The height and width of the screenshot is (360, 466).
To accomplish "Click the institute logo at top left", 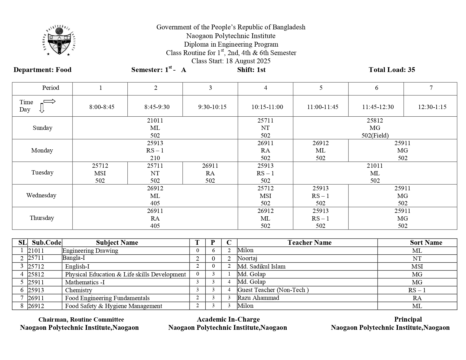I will (x=60, y=41).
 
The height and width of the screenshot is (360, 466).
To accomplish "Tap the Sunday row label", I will (x=42, y=128).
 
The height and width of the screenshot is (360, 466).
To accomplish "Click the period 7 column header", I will (x=431, y=88).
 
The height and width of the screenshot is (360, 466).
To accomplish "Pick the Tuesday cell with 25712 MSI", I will (x=100, y=173).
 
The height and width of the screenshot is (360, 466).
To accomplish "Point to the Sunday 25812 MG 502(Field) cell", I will (x=375, y=128).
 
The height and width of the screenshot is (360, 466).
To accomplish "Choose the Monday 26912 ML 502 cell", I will (x=321, y=150).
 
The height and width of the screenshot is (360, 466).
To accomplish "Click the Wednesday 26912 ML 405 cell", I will (x=155, y=196).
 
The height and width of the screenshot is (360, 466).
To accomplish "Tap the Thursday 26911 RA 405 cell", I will (x=155, y=218).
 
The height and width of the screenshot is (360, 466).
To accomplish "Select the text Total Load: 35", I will (x=392, y=70).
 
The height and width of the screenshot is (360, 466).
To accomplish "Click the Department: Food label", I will (x=42, y=70).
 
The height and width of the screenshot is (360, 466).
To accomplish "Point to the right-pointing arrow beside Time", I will (x=49, y=102).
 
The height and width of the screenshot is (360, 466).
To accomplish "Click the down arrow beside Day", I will (x=42, y=108).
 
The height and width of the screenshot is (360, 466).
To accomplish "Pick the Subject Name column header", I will (x=117, y=243).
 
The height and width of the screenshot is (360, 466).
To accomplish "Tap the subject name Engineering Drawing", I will (x=90, y=250).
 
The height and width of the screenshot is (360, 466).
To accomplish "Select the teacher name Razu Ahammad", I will (x=258, y=298).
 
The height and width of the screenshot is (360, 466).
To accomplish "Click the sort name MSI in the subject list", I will (x=417, y=266).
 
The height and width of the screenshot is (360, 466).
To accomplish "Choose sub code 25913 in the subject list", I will (x=36, y=290).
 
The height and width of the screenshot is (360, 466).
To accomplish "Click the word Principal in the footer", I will (x=408, y=319).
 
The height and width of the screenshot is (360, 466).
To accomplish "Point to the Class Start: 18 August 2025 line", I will (x=231, y=61).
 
